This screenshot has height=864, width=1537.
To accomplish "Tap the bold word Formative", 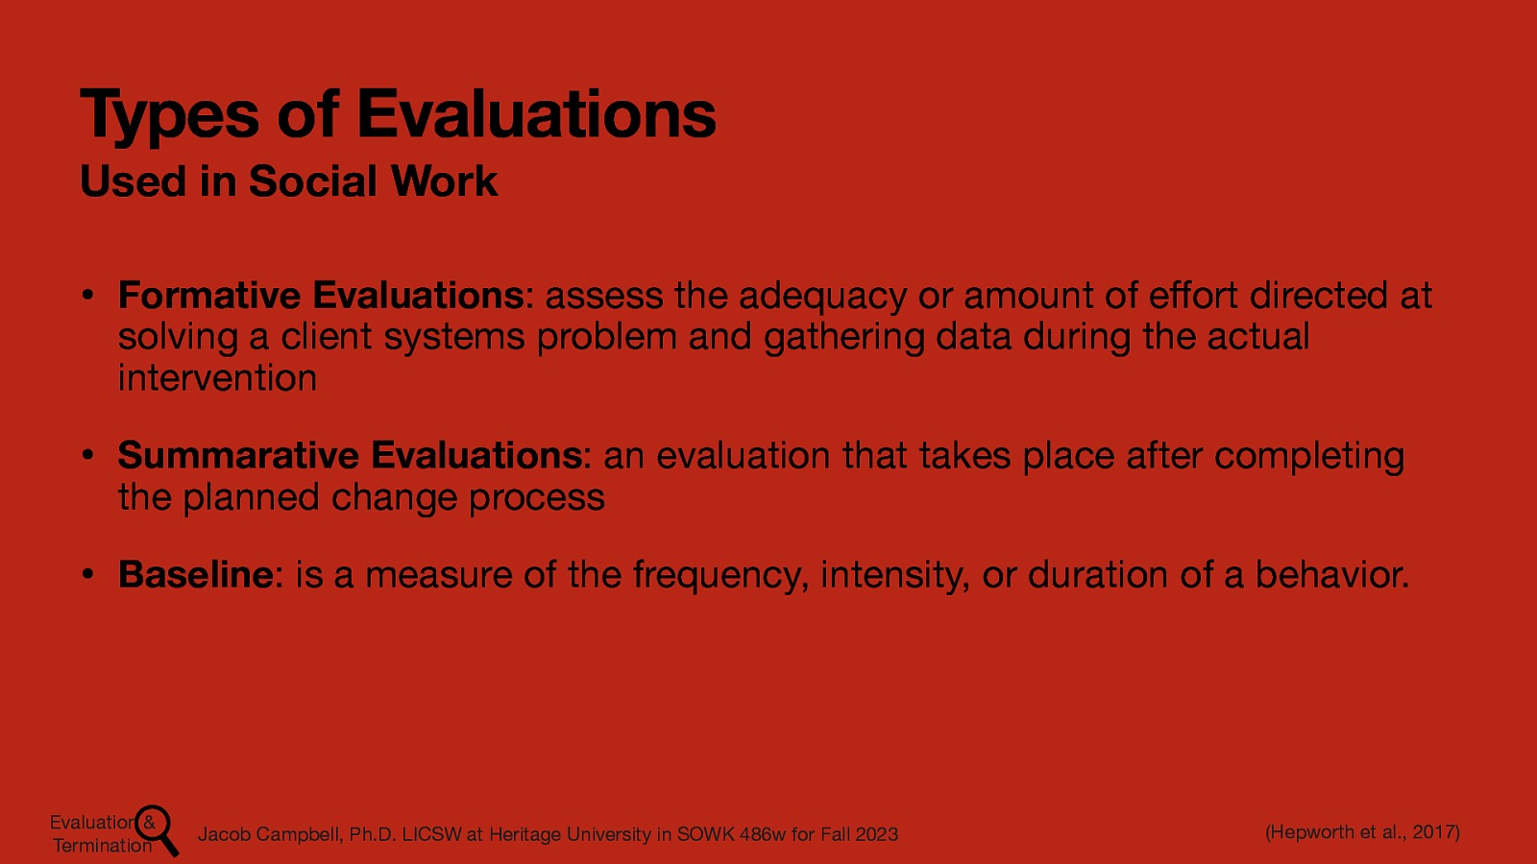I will coord(209,295).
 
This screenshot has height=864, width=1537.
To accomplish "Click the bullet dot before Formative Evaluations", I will coord(86,295).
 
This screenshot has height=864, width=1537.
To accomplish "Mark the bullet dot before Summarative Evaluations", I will coord(86,455).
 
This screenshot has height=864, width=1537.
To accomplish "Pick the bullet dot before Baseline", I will coord(86,574).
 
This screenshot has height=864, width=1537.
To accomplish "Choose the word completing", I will coord(1308,456).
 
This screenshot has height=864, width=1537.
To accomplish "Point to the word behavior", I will coord(1332,574).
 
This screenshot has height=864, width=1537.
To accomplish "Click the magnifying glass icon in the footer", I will coord(158,829).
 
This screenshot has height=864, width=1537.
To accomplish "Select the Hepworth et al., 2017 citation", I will coord(1362,831).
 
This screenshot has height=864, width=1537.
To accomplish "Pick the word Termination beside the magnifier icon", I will coord(102,846).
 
